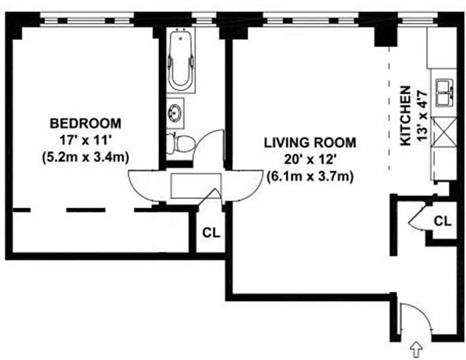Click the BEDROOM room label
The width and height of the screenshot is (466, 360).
(x=85, y=122)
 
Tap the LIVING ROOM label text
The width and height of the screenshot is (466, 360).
(x=310, y=143)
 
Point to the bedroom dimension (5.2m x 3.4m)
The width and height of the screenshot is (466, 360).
(x=85, y=157)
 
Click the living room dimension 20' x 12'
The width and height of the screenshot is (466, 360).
(x=310, y=160)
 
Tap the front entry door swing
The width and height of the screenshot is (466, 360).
(x=410, y=317)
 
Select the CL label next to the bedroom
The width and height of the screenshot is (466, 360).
(x=211, y=233)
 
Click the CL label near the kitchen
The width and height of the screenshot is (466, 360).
(x=443, y=221)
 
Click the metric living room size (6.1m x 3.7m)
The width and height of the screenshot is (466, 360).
(x=310, y=176)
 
